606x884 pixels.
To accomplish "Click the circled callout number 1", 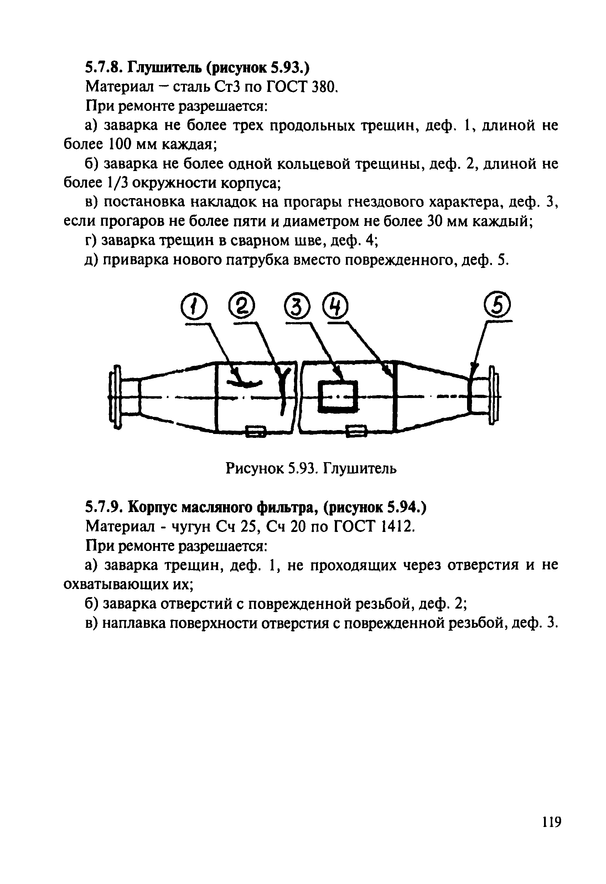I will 194,308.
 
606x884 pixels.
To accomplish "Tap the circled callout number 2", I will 241,306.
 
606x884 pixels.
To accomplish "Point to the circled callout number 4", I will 335,306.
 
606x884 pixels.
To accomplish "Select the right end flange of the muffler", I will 494,396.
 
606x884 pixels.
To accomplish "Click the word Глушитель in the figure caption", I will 360,468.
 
